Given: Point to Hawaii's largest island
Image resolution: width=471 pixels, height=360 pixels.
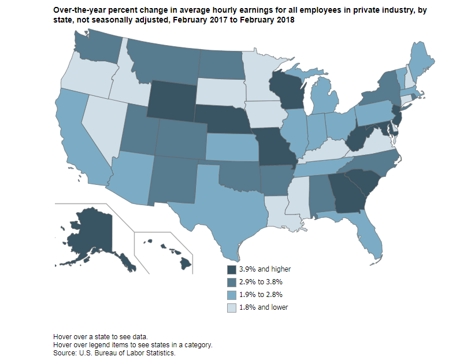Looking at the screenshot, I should pyautogui.click(x=185, y=263).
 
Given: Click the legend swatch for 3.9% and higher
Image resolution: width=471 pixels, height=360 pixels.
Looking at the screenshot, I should pyautogui.click(x=232, y=269).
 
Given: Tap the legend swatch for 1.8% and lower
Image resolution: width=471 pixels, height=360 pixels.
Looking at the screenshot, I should pyautogui.click(x=232, y=307).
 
